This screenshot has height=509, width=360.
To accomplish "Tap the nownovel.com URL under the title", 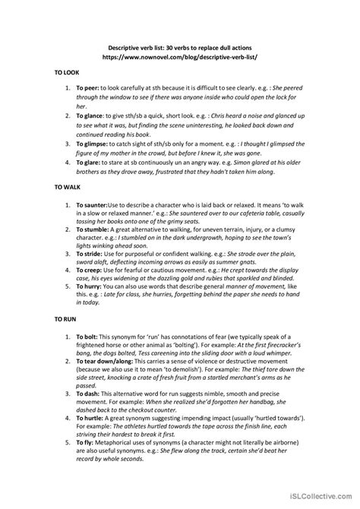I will tap(179, 56).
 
